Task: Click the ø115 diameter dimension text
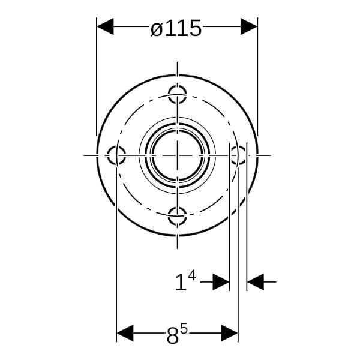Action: pos(176,28)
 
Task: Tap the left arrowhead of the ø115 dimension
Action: pos(105,26)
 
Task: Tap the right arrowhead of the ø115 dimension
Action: pos(249,26)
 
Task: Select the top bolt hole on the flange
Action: pos(177,94)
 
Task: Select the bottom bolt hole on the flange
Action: pos(177,216)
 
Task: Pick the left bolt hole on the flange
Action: pos(116,155)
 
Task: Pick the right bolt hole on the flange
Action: pos(238,155)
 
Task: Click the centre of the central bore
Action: pos(177,155)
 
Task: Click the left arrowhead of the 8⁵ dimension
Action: pos(125,333)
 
